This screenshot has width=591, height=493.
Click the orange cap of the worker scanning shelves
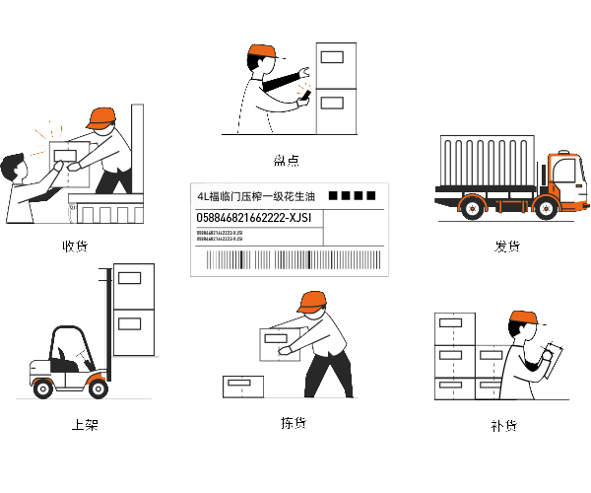click(x=261, y=50)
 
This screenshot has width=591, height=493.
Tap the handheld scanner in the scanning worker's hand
click(x=303, y=98)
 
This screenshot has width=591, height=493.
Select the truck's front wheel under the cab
click(x=548, y=208)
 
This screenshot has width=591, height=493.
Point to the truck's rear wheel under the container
click(x=472, y=208)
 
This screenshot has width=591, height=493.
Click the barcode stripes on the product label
click(x=290, y=259)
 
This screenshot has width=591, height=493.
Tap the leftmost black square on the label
click(x=334, y=196)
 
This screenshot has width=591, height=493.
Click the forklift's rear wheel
click(x=43, y=388)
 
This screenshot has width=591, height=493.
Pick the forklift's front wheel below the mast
click(x=98, y=387)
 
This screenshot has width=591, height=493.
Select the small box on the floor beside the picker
click(x=242, y=386)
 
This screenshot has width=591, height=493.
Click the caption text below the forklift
click(x=85, y=425)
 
